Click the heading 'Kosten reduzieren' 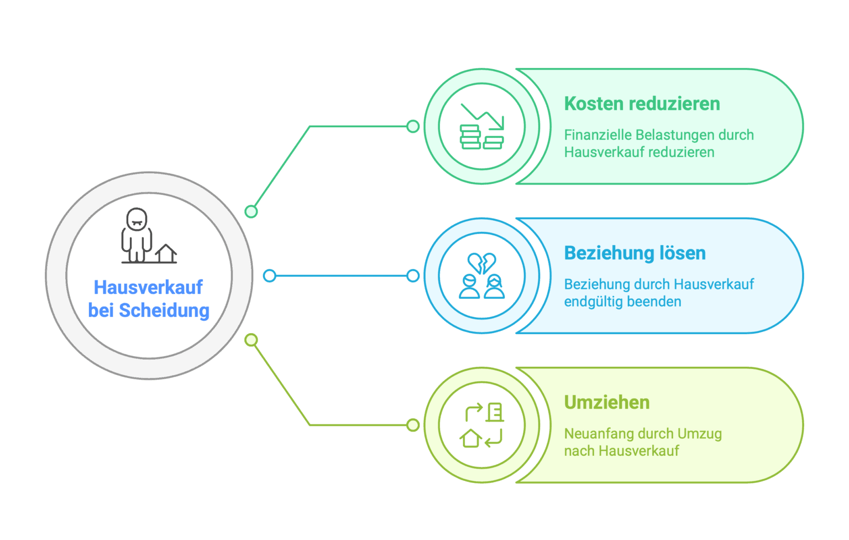coord(642,103)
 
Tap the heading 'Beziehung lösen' coord(635,253)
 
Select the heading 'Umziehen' coord(607,403)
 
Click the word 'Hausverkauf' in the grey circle coord(148,287)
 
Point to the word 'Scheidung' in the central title coord(164,310)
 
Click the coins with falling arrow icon coord(482,126)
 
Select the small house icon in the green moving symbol coord(471,438)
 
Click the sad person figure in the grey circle coord(137,235)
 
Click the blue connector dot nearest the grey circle coord(270,276)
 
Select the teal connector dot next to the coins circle coord(413,126)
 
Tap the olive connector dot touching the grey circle coord(251,340)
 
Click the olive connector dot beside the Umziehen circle coord(413,425)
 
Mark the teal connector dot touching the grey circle coord(251,211)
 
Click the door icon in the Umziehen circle coord(495,412)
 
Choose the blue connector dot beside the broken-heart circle coord(413,276)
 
